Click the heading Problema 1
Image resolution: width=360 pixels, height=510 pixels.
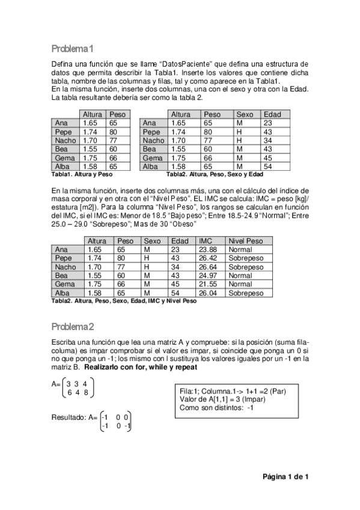point(72,48)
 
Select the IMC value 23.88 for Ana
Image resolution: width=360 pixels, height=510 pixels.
point(207,249)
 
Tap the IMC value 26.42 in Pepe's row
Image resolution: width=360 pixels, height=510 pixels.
point(207,258)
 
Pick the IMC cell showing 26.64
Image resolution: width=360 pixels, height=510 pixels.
point(207,267)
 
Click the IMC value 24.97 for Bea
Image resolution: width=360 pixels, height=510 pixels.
point(207,275)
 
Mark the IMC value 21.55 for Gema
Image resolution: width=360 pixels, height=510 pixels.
point(207,284)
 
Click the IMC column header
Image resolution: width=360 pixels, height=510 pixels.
point(206,241)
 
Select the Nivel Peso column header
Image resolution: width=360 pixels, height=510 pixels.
point(246,241)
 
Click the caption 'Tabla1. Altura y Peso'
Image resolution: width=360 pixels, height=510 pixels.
point(82,174)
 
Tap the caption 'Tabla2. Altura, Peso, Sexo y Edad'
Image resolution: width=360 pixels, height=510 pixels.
point(214,174)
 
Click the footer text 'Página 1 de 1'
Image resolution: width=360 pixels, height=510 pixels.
point(285,477)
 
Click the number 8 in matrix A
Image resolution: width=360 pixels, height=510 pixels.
point(87,393)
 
